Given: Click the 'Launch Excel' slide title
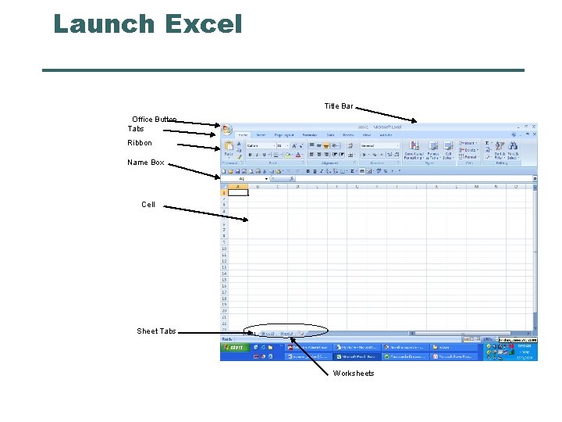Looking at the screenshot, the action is click(x=148, y=24).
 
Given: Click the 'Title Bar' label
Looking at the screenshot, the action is click(x=338, y=106).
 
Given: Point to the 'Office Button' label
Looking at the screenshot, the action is click(x=154, y=120).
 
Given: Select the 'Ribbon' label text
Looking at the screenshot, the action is click(x=140, y=143).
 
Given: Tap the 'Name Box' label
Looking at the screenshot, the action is click(x=146, y=163).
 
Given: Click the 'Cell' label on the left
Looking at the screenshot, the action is click(x=148, y=205).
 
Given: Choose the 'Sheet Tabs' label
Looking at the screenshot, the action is click(x=156, y=331).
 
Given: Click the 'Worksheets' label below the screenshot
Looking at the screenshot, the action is click(x=354, y=374).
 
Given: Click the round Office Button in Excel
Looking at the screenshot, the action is click(x=226, y=130).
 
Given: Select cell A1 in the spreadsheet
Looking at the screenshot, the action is click(x=238, y=192).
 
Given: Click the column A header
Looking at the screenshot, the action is click(x=238, y=186).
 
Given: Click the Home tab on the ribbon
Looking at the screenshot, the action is click(x=244, y=134).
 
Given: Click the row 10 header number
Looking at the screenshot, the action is click(x=224, y=249).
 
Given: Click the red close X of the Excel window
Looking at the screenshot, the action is click(x=534, y=126).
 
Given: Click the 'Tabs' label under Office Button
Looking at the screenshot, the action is click(x=136, y=128).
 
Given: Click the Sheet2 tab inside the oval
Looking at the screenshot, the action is click(x=269, y=333).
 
